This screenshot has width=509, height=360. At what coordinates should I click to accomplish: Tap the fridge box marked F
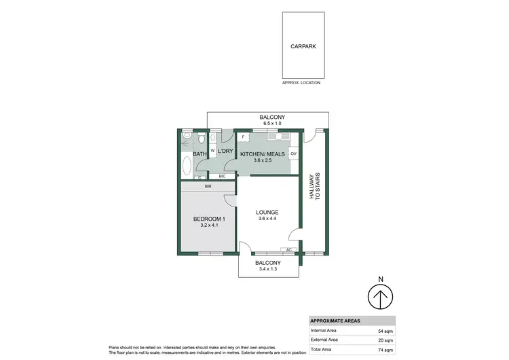pyautogui.click(x=243, y=138)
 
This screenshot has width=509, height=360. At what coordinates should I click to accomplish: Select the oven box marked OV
pyautogui.click(x=294, y=154)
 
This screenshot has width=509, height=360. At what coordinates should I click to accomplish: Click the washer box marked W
pyautogui.click(x=212, y=151)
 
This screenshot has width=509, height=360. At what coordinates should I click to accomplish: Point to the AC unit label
pyautogui.click(x=289, y=250)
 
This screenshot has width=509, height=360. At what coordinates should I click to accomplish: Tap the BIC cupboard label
pyautogui.click(x=222, y=176)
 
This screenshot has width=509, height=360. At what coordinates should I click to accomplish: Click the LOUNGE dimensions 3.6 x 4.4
pyautogui.click(x=268, y=219)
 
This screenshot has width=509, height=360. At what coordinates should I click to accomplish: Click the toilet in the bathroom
pyautogui.click(x=201, y=140)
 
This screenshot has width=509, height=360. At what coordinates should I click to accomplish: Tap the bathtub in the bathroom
pyautogui.click(x=187, y=165)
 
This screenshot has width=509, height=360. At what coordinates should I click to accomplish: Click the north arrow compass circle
pyautogui.click(x=381, y=297)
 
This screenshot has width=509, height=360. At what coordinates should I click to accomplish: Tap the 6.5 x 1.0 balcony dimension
pyautogui.click(x=272, y=124)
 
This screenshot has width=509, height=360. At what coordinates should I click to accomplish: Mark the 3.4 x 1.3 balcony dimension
pyautogui.click(x=268, y=269)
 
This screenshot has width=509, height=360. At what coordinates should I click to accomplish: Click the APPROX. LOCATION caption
pyautogui.click(x=301, y=82)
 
